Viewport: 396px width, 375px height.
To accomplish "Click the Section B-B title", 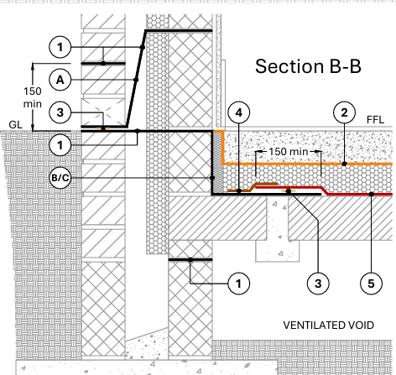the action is [308, 66].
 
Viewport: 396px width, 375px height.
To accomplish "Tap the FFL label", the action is [375, 120].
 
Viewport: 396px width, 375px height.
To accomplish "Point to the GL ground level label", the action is [15, 124].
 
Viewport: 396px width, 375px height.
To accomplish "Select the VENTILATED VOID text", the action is [329, 326].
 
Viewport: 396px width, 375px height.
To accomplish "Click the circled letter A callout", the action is [60, 80].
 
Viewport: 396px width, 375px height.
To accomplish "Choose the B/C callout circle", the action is [60, 178].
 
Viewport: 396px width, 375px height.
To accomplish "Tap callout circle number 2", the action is [344, 112].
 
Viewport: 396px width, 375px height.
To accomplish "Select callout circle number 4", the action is [239, 112].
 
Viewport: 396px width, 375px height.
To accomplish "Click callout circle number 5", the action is [371, 284].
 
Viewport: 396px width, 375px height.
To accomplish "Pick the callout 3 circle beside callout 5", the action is [318, 284].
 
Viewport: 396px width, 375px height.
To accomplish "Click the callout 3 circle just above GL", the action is [60, 112].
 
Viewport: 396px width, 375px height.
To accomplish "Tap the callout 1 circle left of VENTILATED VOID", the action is [239, 284].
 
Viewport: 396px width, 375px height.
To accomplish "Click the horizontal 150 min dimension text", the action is [289, 152].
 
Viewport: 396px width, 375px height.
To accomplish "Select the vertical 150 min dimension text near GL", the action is [33, 97].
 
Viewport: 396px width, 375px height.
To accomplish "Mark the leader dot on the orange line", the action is [344, 164].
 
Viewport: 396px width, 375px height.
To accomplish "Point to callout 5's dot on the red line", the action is [371, 194].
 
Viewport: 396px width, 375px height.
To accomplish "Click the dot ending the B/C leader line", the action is [212, 178].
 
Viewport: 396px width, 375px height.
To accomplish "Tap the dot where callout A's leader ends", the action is [136, 80].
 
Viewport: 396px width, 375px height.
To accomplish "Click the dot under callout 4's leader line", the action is [239, 191].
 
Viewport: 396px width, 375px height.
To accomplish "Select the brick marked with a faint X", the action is [103, 112].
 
